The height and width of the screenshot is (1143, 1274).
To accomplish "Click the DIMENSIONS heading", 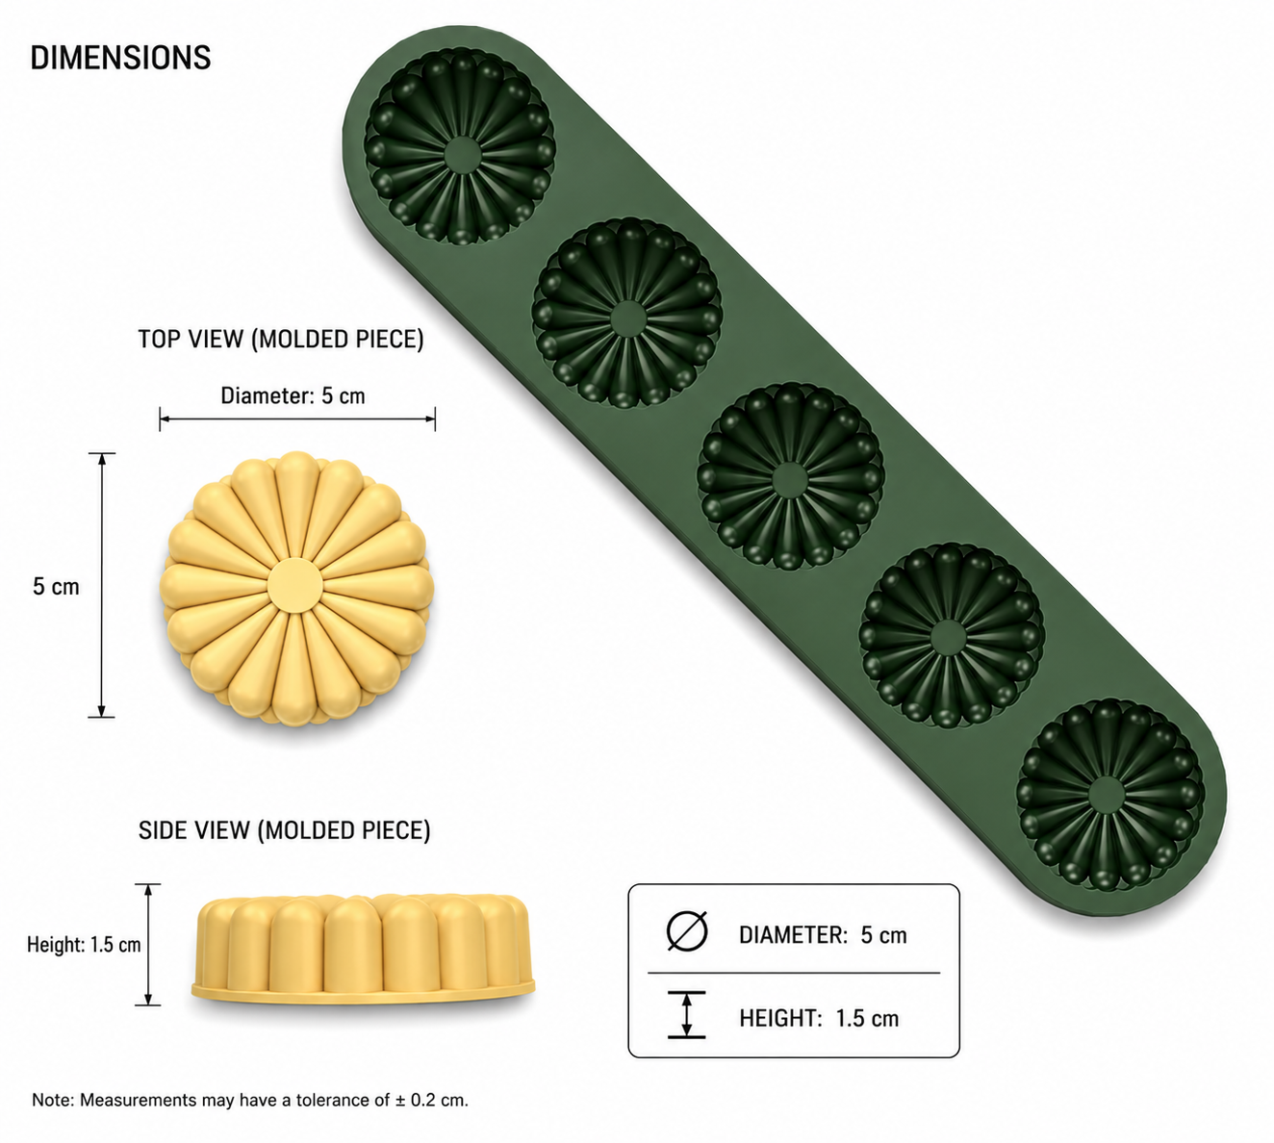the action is tap(120, 57).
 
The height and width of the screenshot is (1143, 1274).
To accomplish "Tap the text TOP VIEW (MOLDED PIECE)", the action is tap(280, 339).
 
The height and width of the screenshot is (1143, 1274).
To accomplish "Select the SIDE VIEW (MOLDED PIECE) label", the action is tap(284, 830).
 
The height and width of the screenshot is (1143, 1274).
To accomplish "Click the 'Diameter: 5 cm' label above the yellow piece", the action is tap(293, 395).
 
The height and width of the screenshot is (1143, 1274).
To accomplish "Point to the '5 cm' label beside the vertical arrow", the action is tap(56, 587).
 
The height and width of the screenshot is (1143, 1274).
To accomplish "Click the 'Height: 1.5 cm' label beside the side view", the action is tap(84, 945).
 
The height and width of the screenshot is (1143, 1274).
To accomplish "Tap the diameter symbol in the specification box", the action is tap(687, 931).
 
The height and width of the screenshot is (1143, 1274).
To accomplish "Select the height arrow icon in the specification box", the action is tap(687, 1014).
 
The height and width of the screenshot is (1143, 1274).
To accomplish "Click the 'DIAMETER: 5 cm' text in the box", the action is tap(823, 935).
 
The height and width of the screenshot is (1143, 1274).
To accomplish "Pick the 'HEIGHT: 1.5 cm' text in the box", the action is tap(819, 1018).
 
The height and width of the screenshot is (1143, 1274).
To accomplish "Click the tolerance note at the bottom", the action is tap(250, 1100).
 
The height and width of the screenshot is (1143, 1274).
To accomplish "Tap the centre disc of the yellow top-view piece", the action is tap(294, 586).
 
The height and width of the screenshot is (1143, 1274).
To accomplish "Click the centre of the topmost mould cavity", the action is tap(462, 154).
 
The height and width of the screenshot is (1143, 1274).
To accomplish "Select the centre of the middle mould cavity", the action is tap(790, 480).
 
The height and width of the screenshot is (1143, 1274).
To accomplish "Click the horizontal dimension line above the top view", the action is tap(297, 419).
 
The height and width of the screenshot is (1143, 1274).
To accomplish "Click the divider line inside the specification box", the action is tap(794, 973).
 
